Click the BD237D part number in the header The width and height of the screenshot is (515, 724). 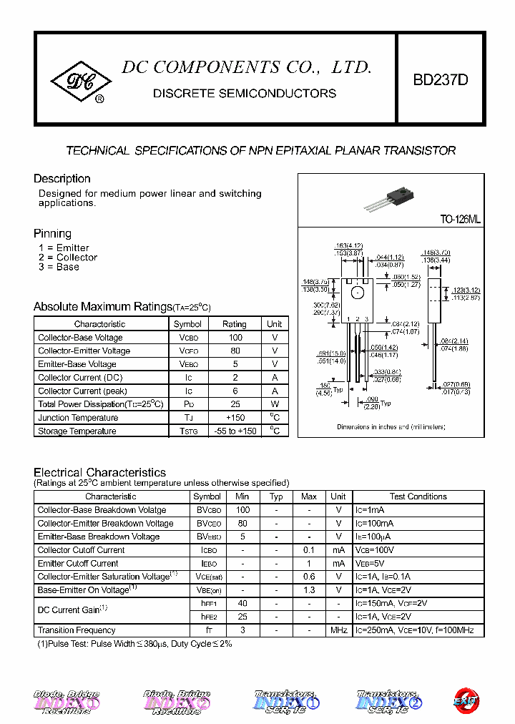click(x=441, y=80)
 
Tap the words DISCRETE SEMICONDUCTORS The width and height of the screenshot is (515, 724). click(x=245, y=94)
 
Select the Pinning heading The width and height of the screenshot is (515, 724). click(x=52, y=233)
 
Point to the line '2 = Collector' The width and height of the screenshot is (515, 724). click(x=68, y=258)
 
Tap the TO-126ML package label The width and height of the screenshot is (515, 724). click(x=461, y=220)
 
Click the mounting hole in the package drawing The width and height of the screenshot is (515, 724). click(x=357, y=293)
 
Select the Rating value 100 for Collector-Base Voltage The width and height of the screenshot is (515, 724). click(x=234, y=338)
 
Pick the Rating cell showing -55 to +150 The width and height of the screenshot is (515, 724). click(x=234, y=431)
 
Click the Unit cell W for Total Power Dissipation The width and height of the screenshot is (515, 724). click(x=275, y=404)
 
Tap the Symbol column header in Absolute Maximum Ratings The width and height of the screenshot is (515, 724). click(x=187, y=324)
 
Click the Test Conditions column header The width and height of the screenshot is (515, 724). click(x=418, y=496)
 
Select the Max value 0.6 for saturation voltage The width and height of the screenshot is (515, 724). click(x=309, y=577)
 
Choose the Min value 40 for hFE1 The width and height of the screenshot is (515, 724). click(x=242, y=603)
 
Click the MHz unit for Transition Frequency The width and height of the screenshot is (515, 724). click(x=338, y=630)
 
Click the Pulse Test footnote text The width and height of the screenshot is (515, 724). click(x=134, y=644)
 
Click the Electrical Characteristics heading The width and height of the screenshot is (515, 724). click(x=99, y=472)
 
